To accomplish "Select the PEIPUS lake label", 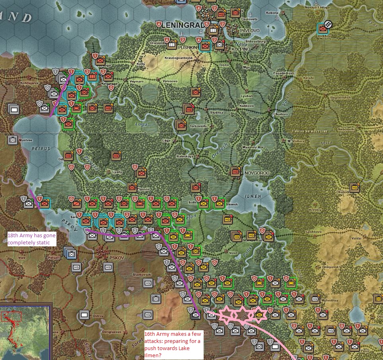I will coord(40,149).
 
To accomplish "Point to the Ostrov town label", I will coord(98,316).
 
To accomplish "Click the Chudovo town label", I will coord(280,114).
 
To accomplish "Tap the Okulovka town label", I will coord(343,192).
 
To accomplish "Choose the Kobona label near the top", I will coord(272,13).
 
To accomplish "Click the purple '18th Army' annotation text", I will coord(31,239).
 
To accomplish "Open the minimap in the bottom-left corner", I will coord(26,332).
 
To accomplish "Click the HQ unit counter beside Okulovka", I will coord(354,187).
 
